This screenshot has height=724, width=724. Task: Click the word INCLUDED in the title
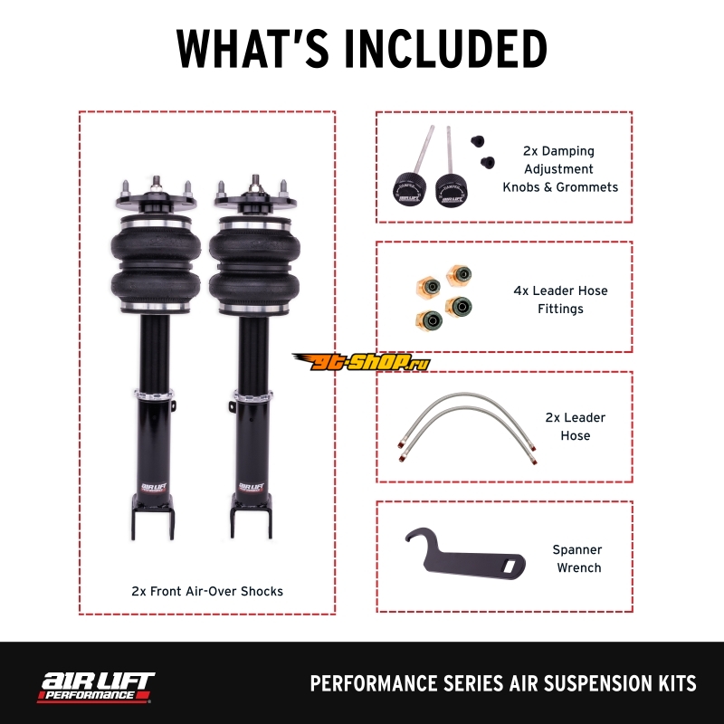pos(446,49)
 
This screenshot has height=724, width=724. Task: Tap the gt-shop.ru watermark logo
pos(360,362)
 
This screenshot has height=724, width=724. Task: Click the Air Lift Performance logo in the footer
pos(96,687)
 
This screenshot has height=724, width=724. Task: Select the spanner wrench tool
pos(465,554)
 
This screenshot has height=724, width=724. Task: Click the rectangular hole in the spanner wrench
pos(510,565)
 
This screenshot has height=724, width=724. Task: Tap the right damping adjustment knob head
pos(451,190)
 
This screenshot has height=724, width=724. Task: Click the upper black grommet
pos(478,141)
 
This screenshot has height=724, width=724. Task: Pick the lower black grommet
pos(488,163)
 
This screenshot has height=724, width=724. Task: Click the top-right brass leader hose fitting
pos(459,276)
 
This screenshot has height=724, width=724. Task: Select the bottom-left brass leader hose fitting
pos(429,319)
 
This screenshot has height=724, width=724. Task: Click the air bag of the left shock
pos(156,264)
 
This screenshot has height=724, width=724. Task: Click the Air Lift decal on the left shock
pos(155,488)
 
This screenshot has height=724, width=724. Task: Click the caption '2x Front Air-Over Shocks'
pos(207,592)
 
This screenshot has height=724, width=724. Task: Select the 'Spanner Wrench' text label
pos(577,558)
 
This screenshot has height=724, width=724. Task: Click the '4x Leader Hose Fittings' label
pos(560,300)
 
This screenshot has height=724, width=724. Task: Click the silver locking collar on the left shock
pos(154,395)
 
